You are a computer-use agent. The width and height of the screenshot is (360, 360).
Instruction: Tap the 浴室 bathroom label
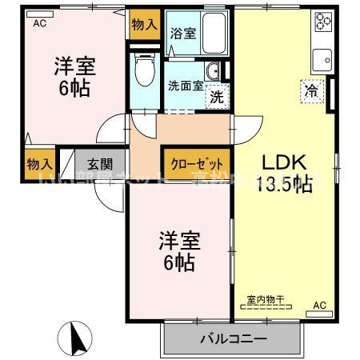pos(183,34)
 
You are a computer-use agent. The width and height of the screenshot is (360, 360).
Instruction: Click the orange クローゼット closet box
pos(197,161)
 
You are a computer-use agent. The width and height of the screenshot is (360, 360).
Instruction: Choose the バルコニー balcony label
pos(233,339)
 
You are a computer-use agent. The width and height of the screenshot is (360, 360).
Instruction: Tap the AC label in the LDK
pos(319,304)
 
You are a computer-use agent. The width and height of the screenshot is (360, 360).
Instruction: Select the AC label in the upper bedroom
pos(39,24)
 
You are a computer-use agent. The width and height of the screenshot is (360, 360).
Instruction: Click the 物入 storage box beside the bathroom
pos(144,25)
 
